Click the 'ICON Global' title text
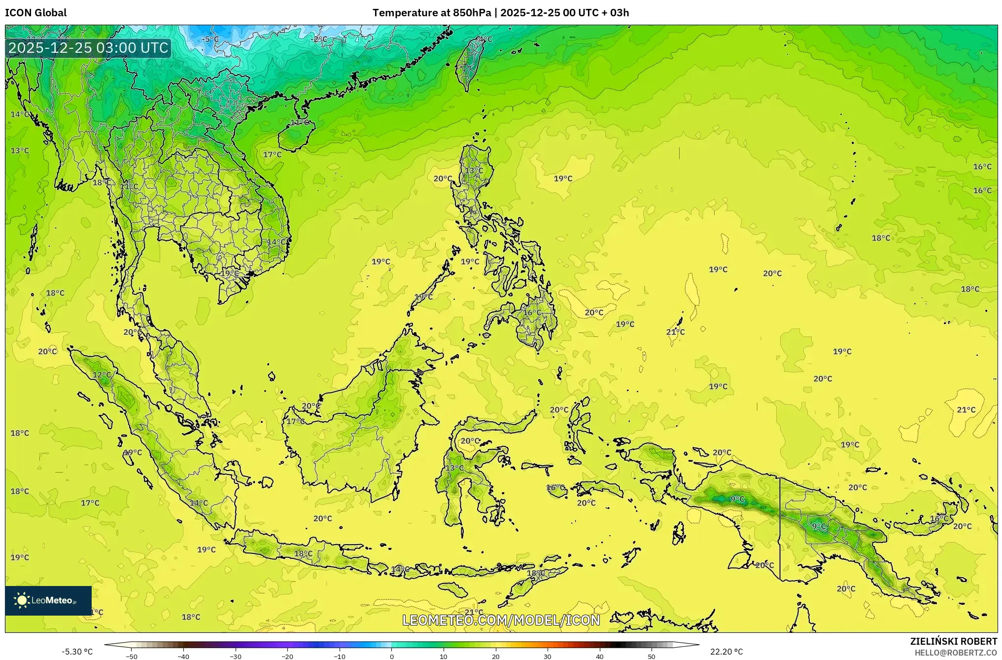click(36, 13)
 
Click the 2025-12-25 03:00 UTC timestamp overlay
click(89, 48)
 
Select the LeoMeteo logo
click(48, 600)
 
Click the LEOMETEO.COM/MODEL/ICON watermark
click(501, 620)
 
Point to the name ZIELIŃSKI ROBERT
click(953, 641)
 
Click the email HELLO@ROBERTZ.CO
click(956, 653)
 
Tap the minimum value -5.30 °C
click(77, 652)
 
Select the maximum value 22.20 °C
click(726, 652)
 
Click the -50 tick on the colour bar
click(132, 656)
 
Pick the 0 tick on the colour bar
click(392, 656)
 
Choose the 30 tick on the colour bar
click(548, 656)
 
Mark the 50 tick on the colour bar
click(652, 656)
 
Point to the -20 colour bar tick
click(287, 656)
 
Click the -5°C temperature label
click(210, 39)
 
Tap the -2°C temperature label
click(320, 39)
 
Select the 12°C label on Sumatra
click(102, 375)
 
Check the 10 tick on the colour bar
click(444, 656)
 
